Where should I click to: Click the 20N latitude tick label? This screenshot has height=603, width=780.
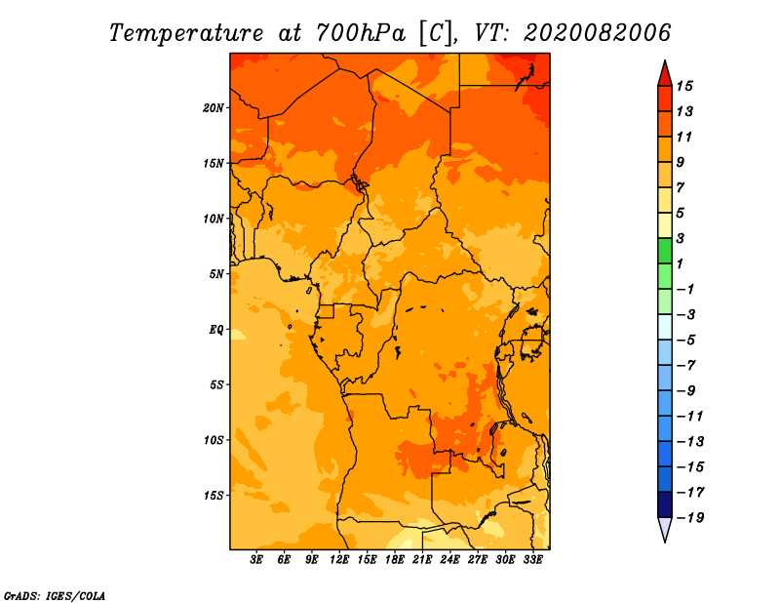(213, 108)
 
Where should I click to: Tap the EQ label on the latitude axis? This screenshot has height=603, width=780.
(216, 330)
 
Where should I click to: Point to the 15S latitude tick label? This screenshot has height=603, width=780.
(213, 496)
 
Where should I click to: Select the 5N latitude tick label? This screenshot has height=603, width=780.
(216, 274)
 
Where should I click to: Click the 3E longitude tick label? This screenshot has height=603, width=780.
(256, 559)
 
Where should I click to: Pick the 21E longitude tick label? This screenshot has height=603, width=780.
(422, 559)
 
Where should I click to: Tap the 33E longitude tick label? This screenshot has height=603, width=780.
(532, 559)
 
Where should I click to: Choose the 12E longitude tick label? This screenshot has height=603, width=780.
(339, 559)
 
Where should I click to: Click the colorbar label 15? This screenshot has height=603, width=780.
(684, 86)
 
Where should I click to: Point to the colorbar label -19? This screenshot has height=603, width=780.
(690, 518)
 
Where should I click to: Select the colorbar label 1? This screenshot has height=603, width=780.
(680, 263)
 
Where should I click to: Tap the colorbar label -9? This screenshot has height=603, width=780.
(686, 391)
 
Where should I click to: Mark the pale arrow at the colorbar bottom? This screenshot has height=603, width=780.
(665, 529)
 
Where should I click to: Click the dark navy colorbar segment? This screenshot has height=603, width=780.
(665, 504)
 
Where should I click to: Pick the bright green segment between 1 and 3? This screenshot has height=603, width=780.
(665, 251)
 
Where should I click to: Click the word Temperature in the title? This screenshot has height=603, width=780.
(186, 33)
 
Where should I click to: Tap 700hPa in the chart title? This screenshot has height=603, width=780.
(361, 33)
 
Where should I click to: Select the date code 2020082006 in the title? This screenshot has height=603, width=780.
(598, 33)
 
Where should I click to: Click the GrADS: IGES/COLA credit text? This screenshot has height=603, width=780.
(55, 595)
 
